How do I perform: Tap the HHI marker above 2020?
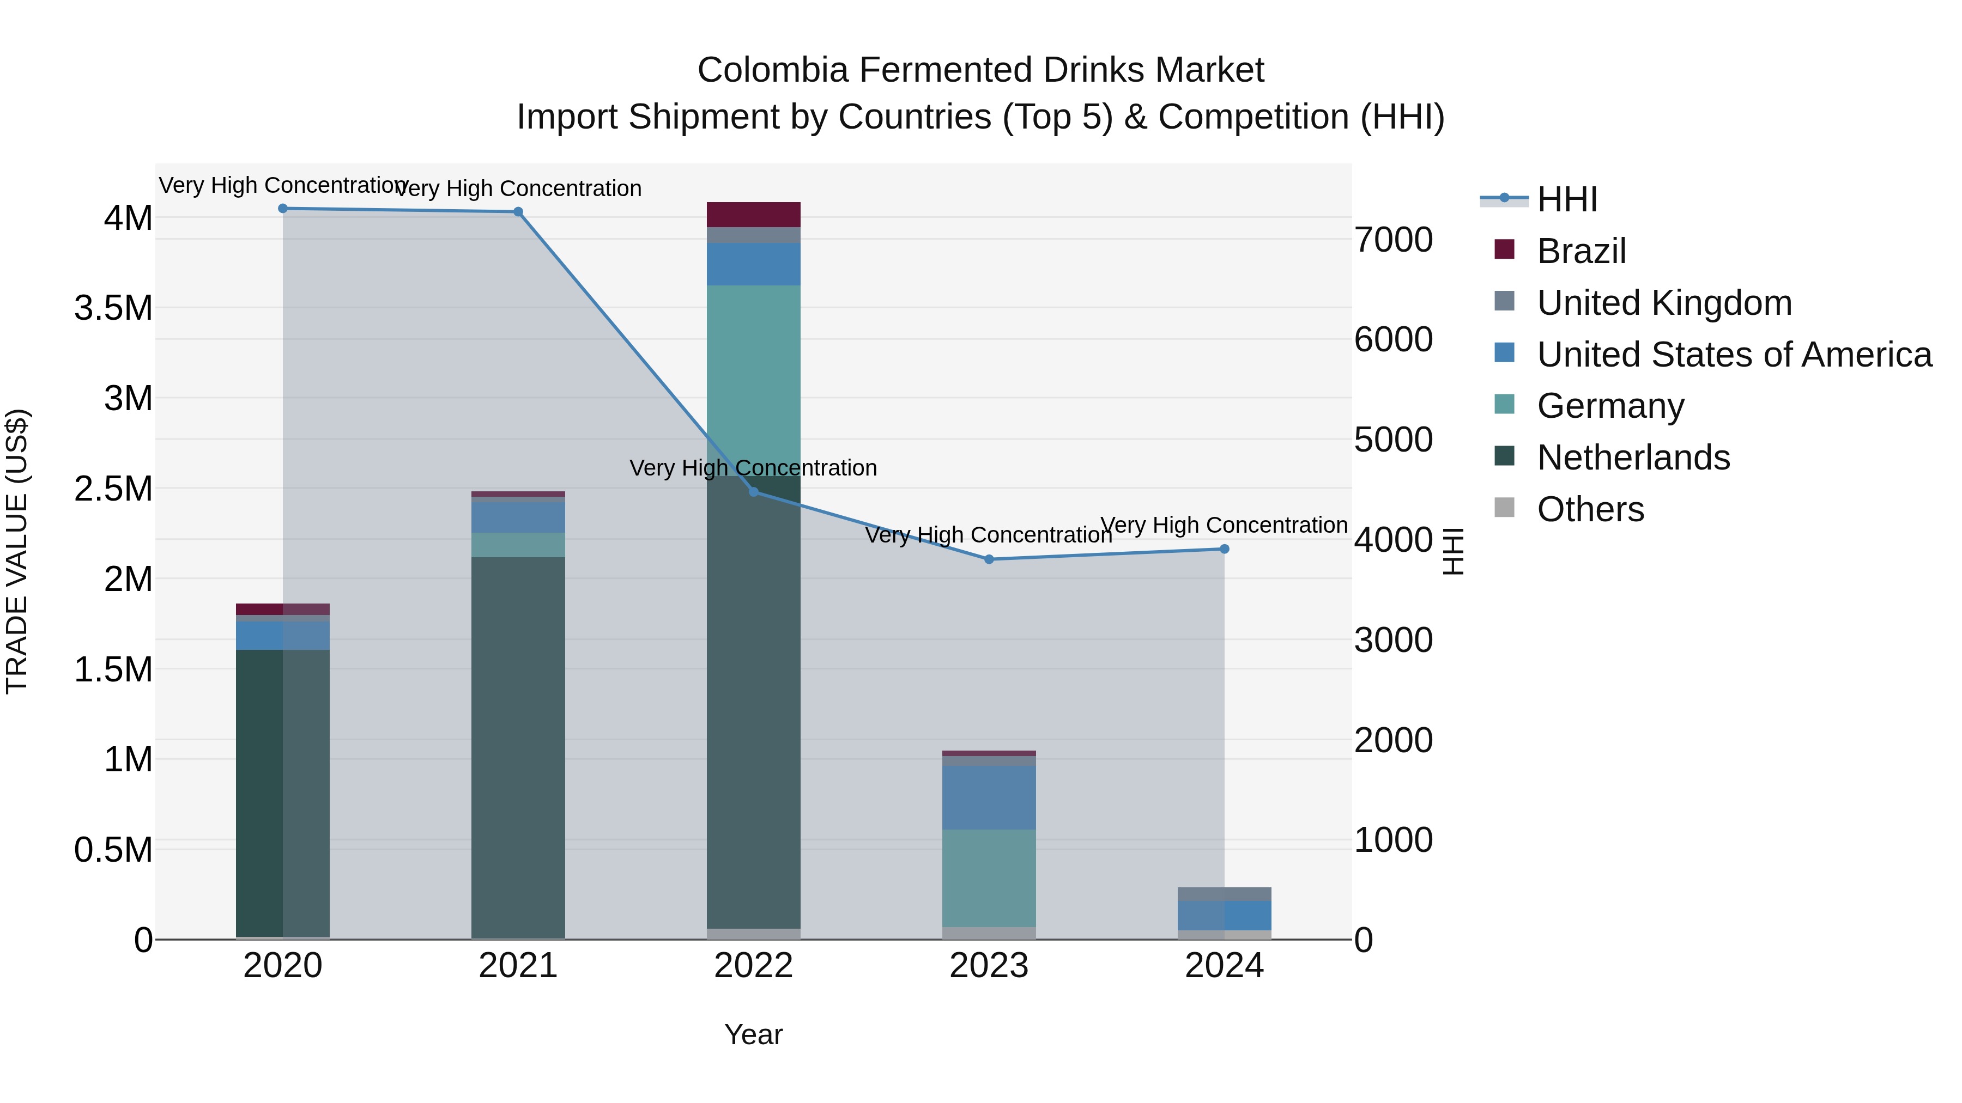click(282, 208)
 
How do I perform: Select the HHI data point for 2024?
click(1224, 549)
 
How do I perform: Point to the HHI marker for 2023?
click(989, 559)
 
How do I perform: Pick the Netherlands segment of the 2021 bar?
click(518, 746)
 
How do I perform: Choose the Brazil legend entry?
click(1581, 251)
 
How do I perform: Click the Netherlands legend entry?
click(1633, 457)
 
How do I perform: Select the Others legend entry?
click(1590, 509)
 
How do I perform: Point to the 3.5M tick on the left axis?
click(113, 308)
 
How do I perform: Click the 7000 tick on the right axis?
click(1393, 239)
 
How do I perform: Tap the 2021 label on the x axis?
click(518, 965)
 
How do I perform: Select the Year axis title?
click(753, 1034)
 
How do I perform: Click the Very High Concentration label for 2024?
click(1224, 525)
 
